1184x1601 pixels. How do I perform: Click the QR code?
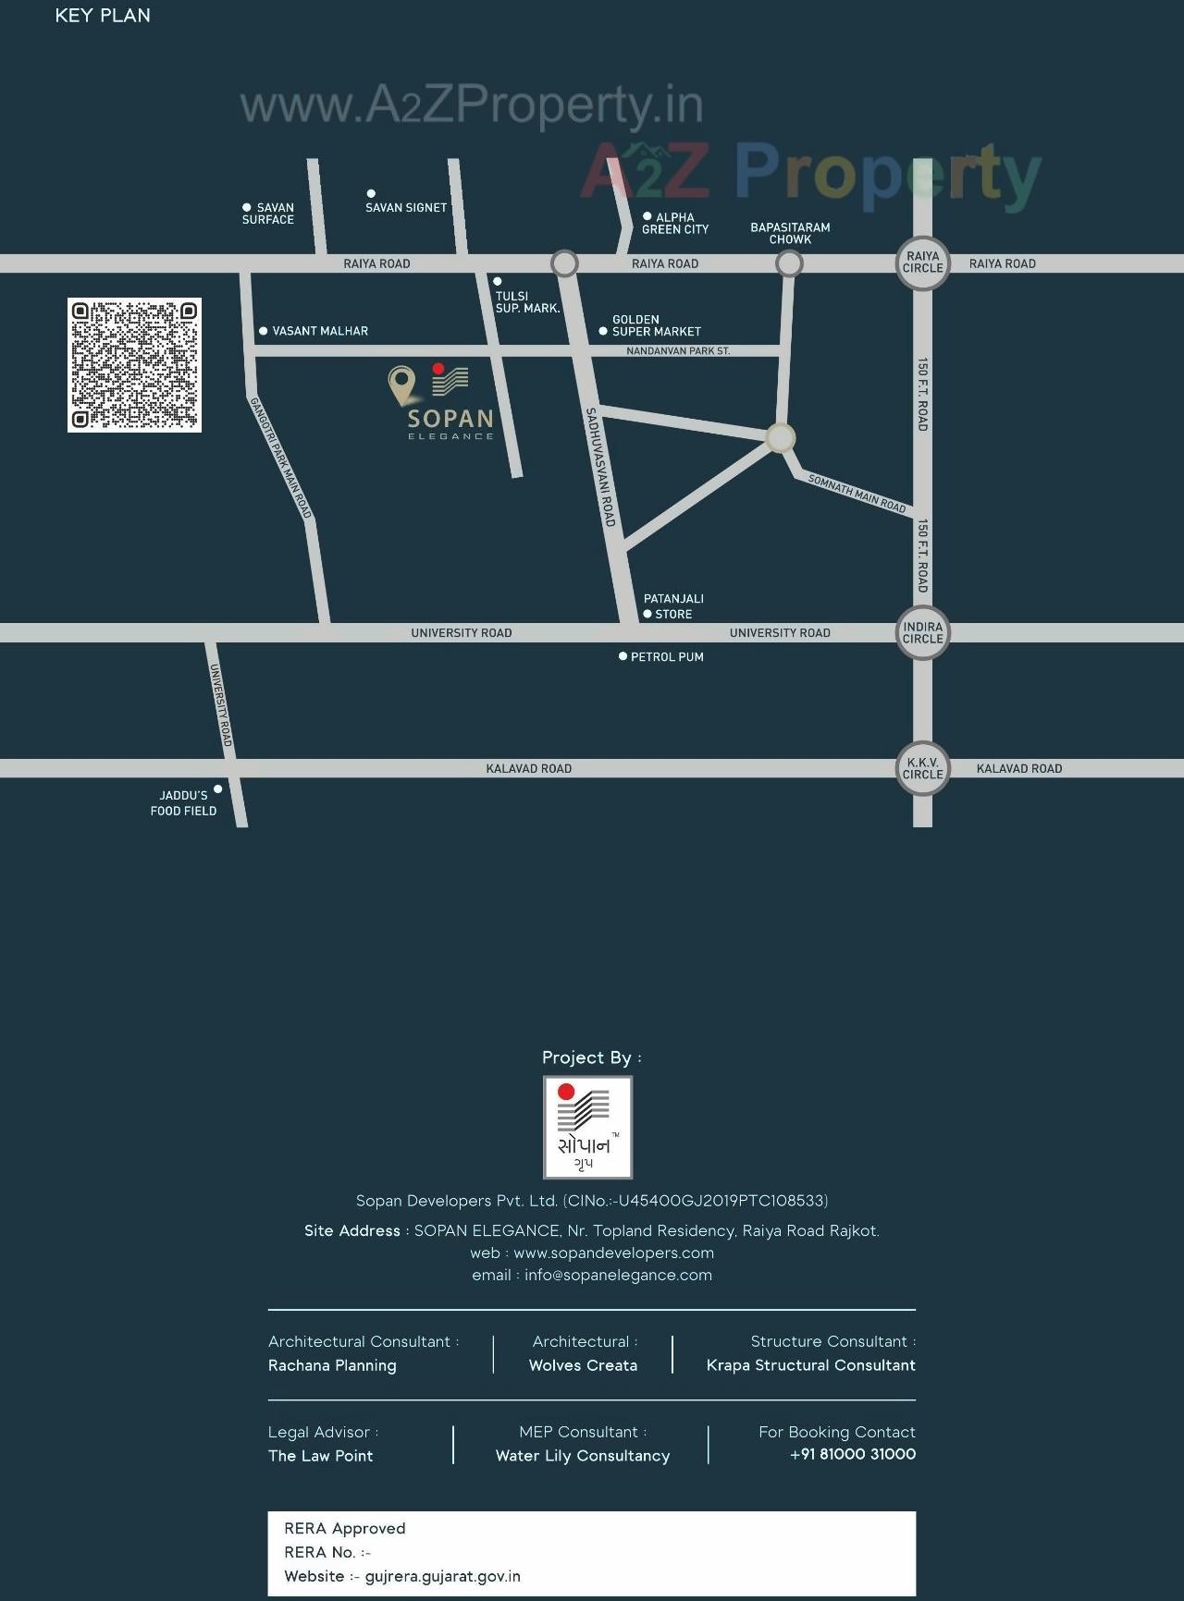click(x=134, y=364)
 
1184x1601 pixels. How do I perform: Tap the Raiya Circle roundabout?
click(x=922, y=263)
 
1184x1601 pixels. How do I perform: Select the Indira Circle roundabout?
click(x=922, y=632)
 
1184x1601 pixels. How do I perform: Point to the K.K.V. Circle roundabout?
click(x=922, y=768)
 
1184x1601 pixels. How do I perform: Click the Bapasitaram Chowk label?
click(x=790, y=233)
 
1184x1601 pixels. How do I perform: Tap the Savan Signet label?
click(x=406, y=208)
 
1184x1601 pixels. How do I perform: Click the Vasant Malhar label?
click(x=320, y=331)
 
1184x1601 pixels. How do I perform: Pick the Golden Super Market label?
click(x=656, y=325)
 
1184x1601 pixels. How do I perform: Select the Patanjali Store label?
click(x=673, y=606)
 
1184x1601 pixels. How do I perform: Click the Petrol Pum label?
click(x=667, y=657)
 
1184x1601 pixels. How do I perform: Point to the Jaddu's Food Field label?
click(x=184, y=802)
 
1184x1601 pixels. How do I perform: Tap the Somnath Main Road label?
click(x=857, y=494)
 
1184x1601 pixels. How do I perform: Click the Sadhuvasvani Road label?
click(x=600, y=467)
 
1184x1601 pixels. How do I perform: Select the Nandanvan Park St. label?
click(x=678, y=351)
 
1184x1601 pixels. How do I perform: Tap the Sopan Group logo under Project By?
click(x=587, y=1127)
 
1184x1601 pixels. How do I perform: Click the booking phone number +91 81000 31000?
click(x=853, y=1454)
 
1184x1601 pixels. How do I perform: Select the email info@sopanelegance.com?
click(x=618, y=1276)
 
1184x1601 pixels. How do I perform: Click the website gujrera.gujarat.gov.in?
click(x=442, y=1576)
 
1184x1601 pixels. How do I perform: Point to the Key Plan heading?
click(x=103, y=16)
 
